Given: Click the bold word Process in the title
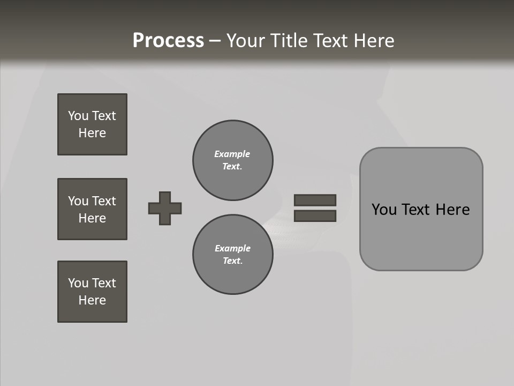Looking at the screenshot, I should point(168,41).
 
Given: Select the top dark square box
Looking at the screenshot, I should point(92,124).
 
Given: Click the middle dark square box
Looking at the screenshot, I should point(92,209).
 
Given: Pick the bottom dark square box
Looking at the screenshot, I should point(92,292).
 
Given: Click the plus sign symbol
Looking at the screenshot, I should point(165,208).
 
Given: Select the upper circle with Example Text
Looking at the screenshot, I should point(232,160).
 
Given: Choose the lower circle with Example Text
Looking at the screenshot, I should point(232,255).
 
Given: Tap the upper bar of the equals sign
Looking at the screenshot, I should point(315,200).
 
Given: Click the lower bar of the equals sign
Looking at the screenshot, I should point(315,216).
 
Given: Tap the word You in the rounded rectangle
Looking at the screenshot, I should point(384,210).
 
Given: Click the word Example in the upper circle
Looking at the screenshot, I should point(232,154).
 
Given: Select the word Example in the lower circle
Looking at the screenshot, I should point(232,248).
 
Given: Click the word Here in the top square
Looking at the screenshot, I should point(92,133).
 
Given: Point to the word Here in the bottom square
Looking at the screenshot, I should point(92,300).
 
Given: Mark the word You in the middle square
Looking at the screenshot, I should point(78,201).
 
